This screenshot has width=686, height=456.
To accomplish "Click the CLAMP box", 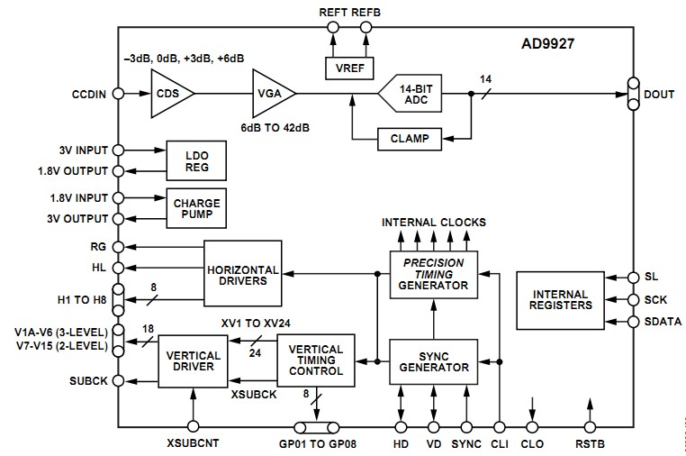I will (396, 139).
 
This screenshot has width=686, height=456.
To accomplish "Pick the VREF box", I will (349, 68).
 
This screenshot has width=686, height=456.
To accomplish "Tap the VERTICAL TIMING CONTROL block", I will (316, 360).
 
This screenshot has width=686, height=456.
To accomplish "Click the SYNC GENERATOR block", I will (433, 360).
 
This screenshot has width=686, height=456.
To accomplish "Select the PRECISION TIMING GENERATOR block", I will (433, 272).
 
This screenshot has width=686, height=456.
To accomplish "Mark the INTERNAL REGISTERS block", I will (561, 299).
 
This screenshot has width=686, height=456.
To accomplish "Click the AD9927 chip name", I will (549, 43).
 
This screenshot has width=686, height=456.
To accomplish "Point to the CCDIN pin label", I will (90, 94).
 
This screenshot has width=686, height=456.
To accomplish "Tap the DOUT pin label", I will (658, 94).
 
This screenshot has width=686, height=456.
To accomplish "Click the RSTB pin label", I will (591, 444).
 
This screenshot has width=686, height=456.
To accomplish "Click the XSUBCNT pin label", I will (193, 444).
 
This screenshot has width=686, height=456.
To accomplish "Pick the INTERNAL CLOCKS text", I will (433, 222).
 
